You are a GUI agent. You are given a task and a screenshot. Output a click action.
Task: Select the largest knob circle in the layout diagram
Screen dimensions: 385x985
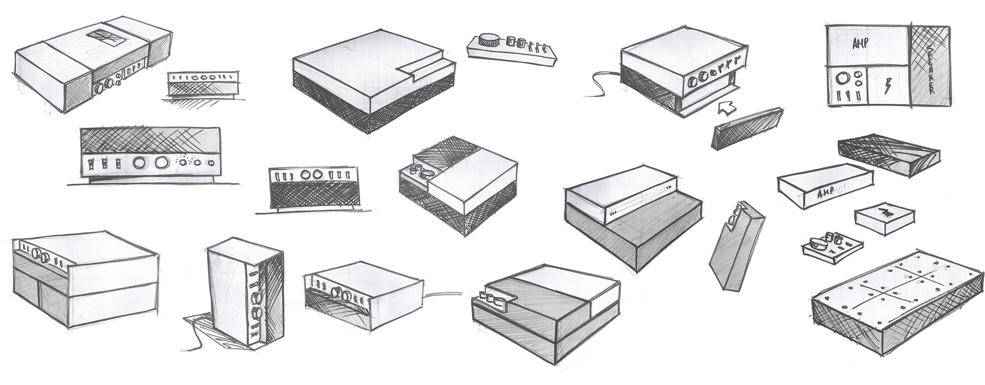[842, 79]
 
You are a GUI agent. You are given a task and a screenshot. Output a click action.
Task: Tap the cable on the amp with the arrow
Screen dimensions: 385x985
[600, 85]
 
